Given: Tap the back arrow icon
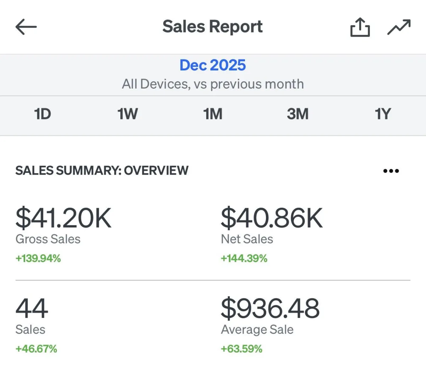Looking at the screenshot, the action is (x=26, y=27).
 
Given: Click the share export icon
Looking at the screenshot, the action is (x=360, y=27).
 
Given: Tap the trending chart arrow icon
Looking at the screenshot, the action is (x=399, y=27).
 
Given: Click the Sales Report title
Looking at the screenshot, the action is (x=213, y=27).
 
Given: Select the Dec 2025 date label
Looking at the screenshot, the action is (x=213, y=65).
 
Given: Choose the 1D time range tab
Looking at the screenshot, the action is (x=43, y=114).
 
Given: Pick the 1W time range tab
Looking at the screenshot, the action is (x=127, y=114).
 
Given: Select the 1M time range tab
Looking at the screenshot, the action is (x=213, y=114).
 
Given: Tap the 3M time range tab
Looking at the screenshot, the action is (x=297, y=114).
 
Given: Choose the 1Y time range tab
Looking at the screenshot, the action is (x=383, y=114).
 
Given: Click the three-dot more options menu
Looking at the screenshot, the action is (x=391, y=171).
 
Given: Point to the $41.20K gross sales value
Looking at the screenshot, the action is (x=64, y=218).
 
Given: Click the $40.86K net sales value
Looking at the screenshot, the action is (x=272, y=218).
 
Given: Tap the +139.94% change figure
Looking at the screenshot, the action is (x=38, y=258).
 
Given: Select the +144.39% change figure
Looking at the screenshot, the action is (x=244, y=258).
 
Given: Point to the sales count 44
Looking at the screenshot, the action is (x=32, y=308).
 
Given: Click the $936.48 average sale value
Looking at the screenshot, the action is (x=270, y=308).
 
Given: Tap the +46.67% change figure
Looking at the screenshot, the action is (x=36, y=349).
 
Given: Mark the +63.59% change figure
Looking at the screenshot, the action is (x=241, y=349).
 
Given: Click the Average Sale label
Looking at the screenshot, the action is (x=257, y=330).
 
